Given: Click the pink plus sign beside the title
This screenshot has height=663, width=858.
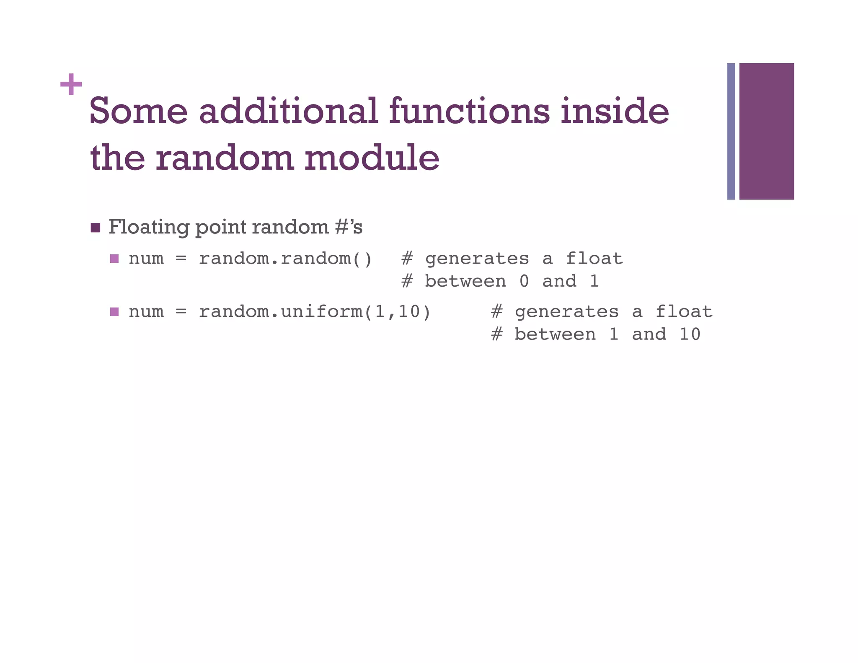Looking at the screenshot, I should click(x=71, y=84).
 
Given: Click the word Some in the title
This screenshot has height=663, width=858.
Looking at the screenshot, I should click(x=139, y=111).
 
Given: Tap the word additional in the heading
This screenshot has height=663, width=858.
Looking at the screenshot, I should click(x=288, y=111).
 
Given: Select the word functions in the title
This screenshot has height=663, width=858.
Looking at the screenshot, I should click(x=469, y=111).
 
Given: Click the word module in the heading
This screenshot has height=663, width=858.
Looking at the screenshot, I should click(x=372, y=158).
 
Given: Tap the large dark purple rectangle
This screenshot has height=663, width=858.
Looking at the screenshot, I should click(x=766, y=131).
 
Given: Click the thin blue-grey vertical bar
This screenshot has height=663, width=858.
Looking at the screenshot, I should click(x=731, y=131).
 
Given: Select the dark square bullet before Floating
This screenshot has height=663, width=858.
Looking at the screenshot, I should click(x=96, y=228).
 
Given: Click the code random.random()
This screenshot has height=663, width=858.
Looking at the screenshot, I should click(x=285, y=259).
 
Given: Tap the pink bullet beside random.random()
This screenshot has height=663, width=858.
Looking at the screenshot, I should click(x=114, y=259).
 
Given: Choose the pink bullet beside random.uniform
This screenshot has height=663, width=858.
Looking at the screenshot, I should click(x=114, y=312).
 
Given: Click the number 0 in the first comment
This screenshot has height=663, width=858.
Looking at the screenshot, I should click(x=524, y=281).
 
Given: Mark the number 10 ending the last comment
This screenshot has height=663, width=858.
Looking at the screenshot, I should click(x=690, y=334).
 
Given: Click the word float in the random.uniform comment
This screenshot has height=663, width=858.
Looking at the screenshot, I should click(x=684, y=312).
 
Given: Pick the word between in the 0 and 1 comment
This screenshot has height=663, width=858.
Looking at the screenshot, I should click(x=465, y=281).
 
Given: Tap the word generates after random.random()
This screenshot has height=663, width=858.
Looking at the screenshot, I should click(x=477, y=259).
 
